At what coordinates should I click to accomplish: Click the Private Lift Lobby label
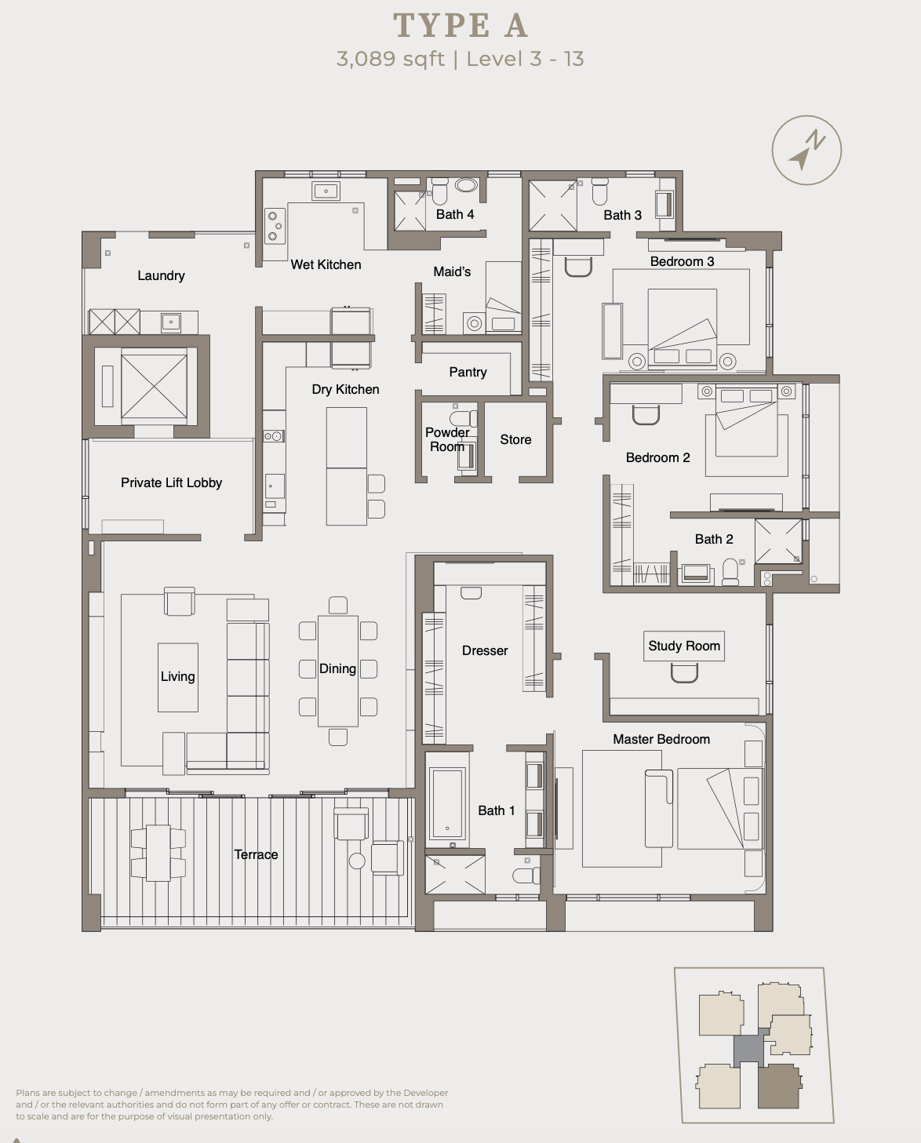171,482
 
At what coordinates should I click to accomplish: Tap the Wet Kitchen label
326,264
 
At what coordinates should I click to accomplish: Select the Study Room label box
683,646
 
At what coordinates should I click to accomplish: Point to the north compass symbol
806,151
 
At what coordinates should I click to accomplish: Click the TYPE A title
460,25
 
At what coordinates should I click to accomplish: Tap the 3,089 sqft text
391,59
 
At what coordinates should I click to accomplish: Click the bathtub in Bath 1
447,803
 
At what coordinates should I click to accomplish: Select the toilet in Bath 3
599,191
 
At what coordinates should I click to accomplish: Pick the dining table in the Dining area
338,671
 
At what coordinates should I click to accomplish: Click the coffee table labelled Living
178,677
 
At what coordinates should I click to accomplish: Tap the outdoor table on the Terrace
158,853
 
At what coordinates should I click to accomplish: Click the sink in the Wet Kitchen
326,191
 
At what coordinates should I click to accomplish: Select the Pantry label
468,372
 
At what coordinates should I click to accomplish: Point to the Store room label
515,439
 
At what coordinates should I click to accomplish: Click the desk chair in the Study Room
684,673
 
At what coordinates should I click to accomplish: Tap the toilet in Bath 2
731,571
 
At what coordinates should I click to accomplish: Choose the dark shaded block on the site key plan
779,1086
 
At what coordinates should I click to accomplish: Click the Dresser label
485,650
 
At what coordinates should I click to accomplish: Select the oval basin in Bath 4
467,185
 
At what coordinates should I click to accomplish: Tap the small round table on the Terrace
357,861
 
